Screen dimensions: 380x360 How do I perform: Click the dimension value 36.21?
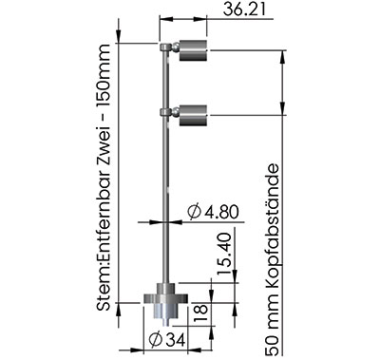click(x=244, y=9)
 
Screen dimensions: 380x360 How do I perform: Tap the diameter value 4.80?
click(x=220, y=212)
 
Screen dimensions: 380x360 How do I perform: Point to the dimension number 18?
click(x=201, y=313)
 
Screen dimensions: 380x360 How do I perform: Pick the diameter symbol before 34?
click(x=155, y=340)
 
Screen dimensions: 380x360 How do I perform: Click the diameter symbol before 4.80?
click(x=194, y=212)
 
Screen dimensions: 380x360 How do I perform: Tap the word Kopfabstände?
click(x=272, y=225)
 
